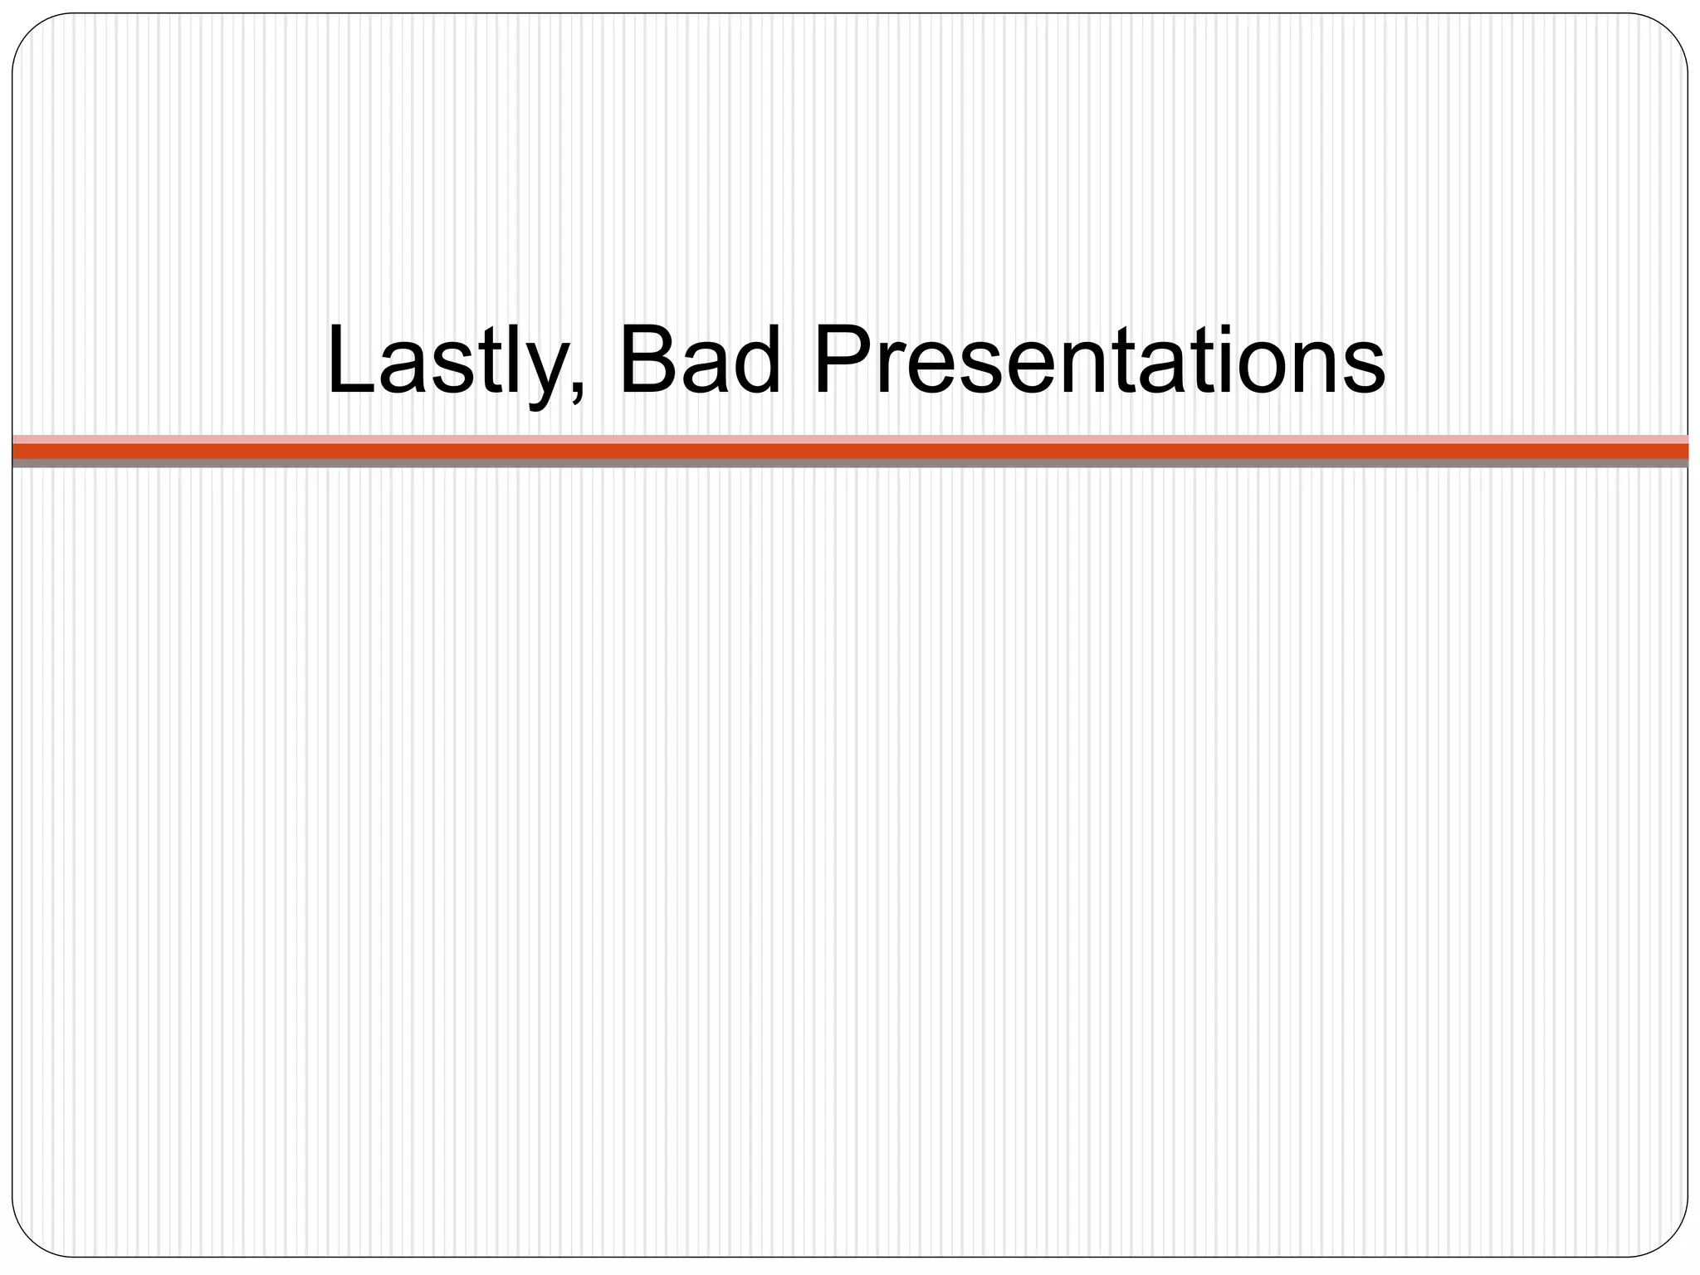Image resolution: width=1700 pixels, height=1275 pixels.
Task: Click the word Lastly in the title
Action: (448, 361)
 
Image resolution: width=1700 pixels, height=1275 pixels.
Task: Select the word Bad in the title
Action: (700, 361)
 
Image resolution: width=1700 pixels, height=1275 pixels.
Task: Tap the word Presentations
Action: (1098, 361)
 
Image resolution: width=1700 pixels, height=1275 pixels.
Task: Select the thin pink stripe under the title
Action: (850, 439)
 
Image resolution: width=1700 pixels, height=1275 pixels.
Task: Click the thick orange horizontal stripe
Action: (850, 451)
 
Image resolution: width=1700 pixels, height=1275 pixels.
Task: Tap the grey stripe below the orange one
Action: (850, 463)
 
